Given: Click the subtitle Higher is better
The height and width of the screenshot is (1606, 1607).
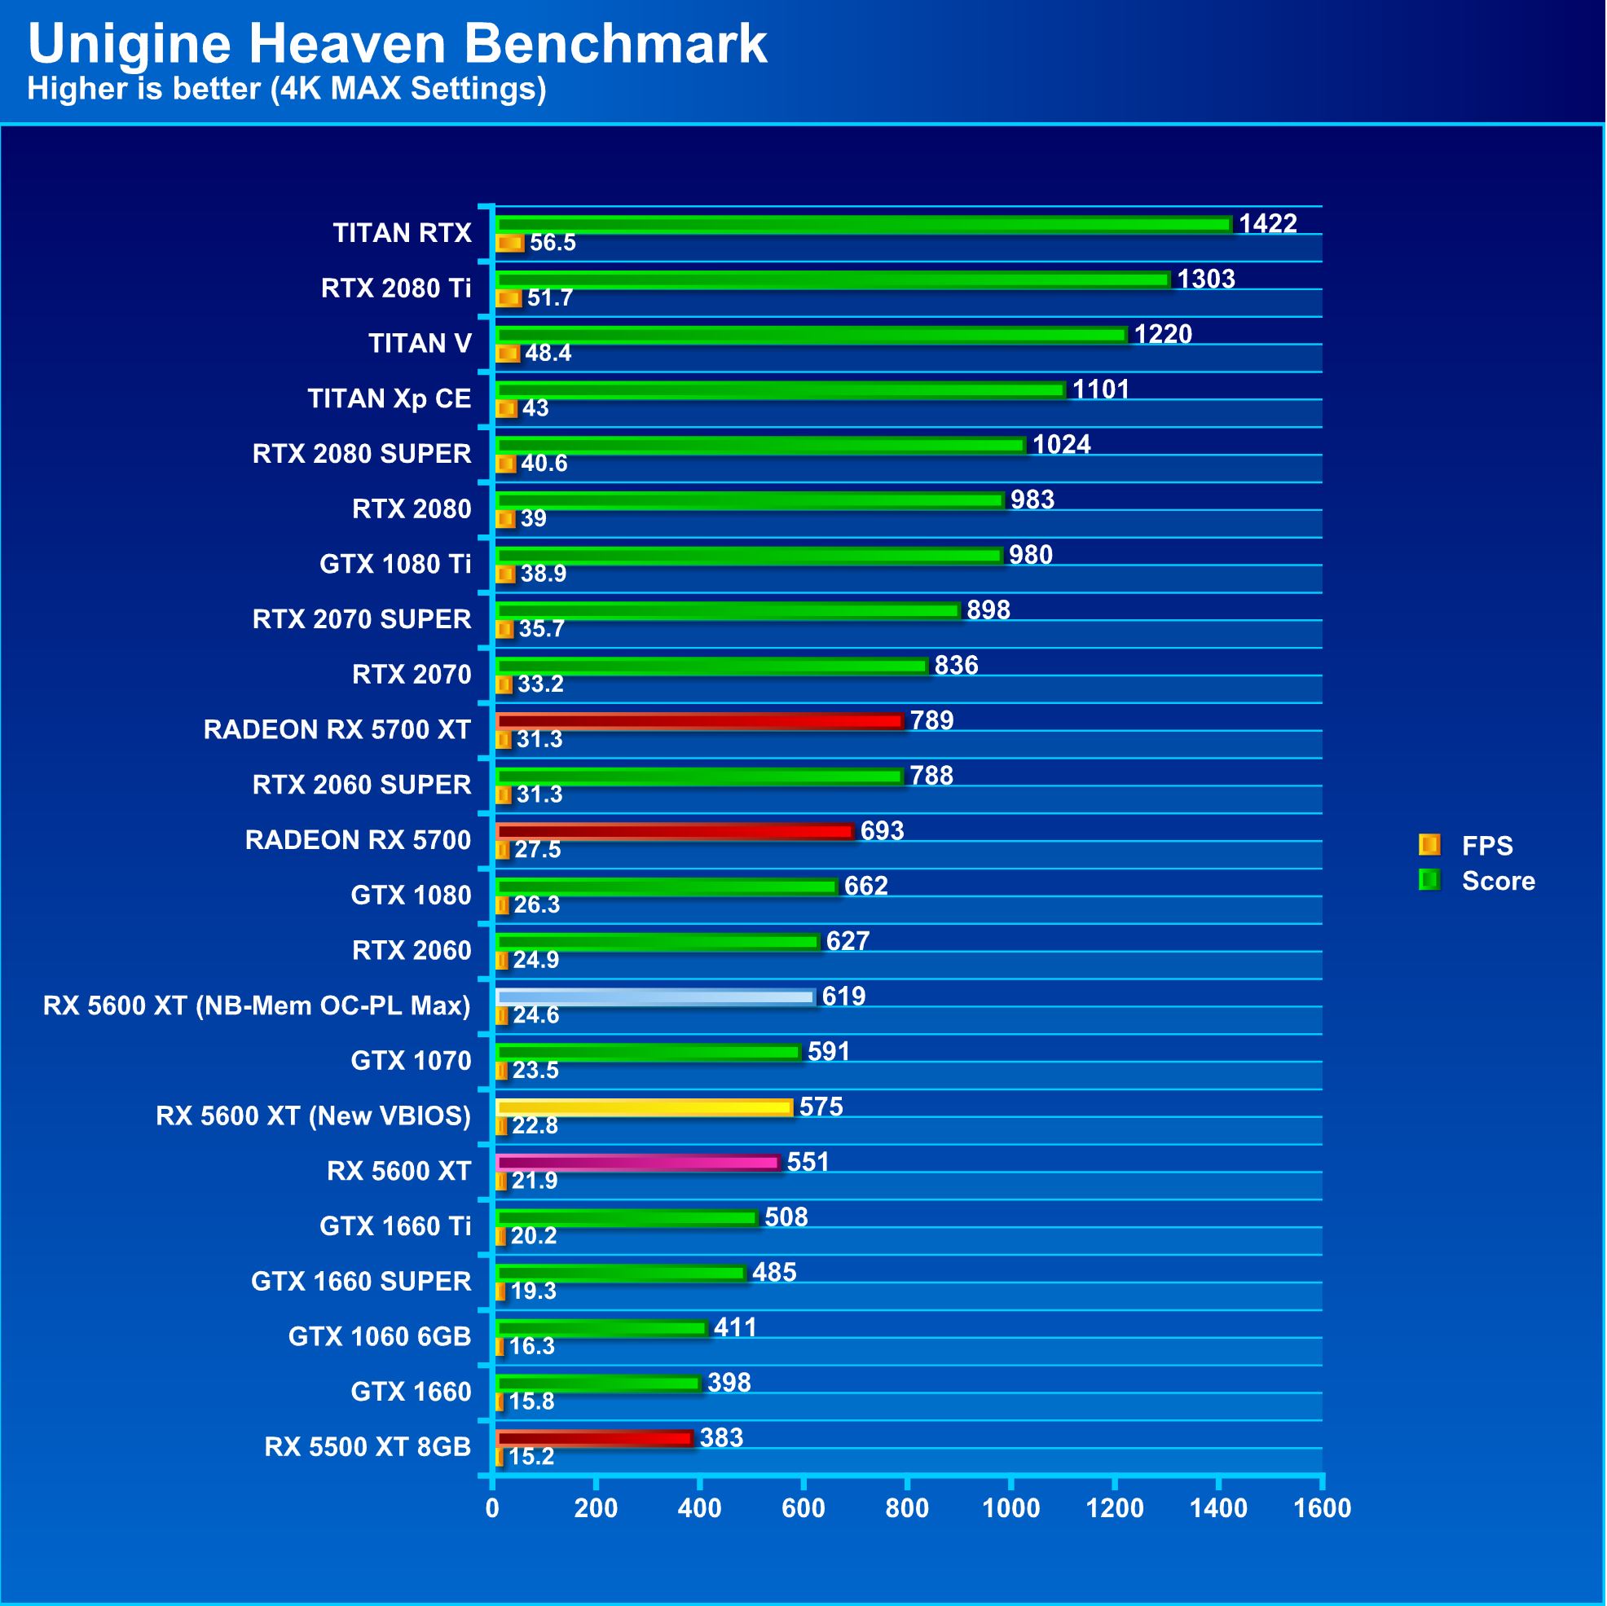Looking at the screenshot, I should pos(286,89).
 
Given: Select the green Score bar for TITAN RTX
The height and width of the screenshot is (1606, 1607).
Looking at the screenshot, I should pos(863,225).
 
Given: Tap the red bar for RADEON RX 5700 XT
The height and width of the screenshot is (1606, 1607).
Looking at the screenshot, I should pos(698,721).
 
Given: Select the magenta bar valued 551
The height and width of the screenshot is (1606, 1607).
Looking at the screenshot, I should pos(637,1163).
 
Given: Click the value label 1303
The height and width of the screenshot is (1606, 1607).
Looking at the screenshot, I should pos(1206,279).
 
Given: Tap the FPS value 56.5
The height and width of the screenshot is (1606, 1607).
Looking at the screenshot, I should pos(553,243).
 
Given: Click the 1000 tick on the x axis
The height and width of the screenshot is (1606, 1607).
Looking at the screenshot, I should pos(1010,1509).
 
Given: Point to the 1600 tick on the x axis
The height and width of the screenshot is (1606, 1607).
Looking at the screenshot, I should pos(1322,1509).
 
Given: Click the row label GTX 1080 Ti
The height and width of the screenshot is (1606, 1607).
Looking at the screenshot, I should pos(395,565).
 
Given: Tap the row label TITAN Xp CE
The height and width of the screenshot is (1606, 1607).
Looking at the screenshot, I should pos(390,399).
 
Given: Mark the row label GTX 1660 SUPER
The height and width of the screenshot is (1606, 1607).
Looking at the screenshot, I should pos(361,1282).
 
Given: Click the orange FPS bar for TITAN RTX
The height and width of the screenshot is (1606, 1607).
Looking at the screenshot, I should pos(509,244).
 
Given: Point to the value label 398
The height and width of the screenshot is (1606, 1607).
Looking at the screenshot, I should pos(729,1383).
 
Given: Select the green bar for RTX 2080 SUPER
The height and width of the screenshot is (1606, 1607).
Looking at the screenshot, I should pos(760,446).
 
